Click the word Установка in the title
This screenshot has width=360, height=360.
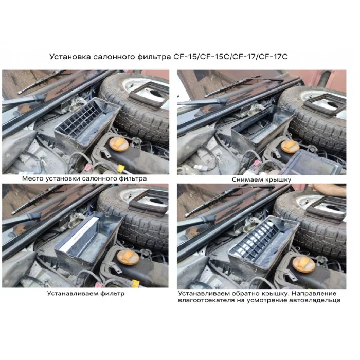(70, 57)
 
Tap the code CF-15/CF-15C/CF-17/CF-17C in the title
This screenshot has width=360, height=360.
(230, 57)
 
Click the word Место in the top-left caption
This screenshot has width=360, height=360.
(32, 178)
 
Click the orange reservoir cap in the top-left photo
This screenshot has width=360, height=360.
(119, 144)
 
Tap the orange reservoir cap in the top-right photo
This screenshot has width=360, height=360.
(290, 147)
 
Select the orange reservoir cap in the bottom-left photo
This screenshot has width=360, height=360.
(128, 257)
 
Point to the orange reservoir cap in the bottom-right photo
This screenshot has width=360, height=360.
(304, 264)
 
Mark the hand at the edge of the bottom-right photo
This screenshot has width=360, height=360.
(330, 189)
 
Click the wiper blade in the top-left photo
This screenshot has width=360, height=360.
(41, 81)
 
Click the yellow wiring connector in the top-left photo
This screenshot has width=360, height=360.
(121, 169)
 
